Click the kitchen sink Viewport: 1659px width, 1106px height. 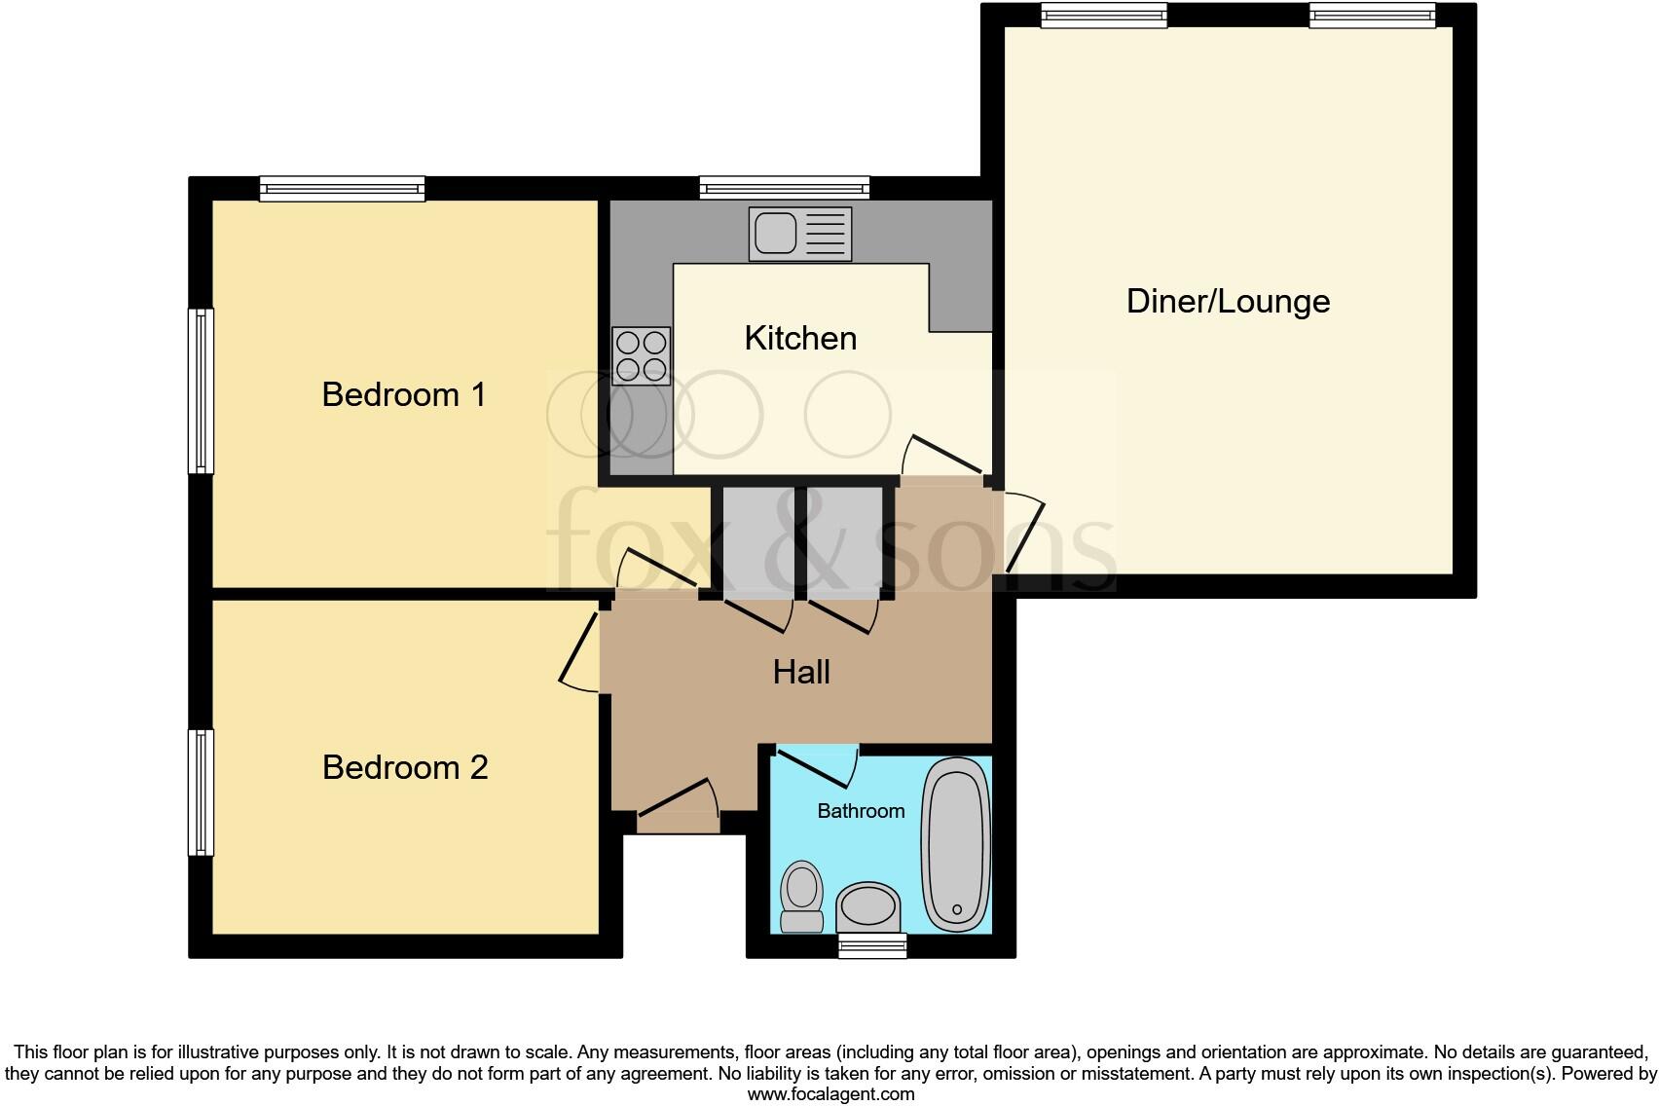799,234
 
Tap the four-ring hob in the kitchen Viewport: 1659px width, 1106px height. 641,355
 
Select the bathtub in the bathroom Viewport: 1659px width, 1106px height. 956,844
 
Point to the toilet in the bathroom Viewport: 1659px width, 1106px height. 802,896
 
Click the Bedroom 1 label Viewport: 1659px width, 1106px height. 403,394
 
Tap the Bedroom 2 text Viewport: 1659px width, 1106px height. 405,767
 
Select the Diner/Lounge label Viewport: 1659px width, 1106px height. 1228,301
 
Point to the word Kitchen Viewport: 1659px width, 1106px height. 800,338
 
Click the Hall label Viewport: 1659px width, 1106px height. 801,672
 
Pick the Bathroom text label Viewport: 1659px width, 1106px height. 861,811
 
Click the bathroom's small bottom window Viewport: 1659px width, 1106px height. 872,945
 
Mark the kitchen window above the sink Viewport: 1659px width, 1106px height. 784,188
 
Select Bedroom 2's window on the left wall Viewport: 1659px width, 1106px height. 201,793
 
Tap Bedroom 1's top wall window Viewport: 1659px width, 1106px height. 342,188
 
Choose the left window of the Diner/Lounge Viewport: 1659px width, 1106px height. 1103,15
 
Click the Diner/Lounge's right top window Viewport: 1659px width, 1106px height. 1372,15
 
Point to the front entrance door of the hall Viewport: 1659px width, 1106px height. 678,811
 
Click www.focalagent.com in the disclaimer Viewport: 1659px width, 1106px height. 830,1094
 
